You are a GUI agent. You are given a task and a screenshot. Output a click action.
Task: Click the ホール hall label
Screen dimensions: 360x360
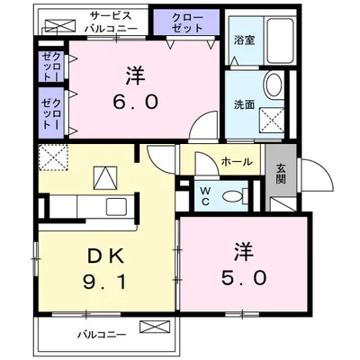coord(236,163)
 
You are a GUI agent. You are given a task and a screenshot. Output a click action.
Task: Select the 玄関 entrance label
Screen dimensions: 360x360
coord(281,173)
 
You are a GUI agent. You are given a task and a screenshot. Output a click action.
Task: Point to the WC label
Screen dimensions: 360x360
coord(205,195)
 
